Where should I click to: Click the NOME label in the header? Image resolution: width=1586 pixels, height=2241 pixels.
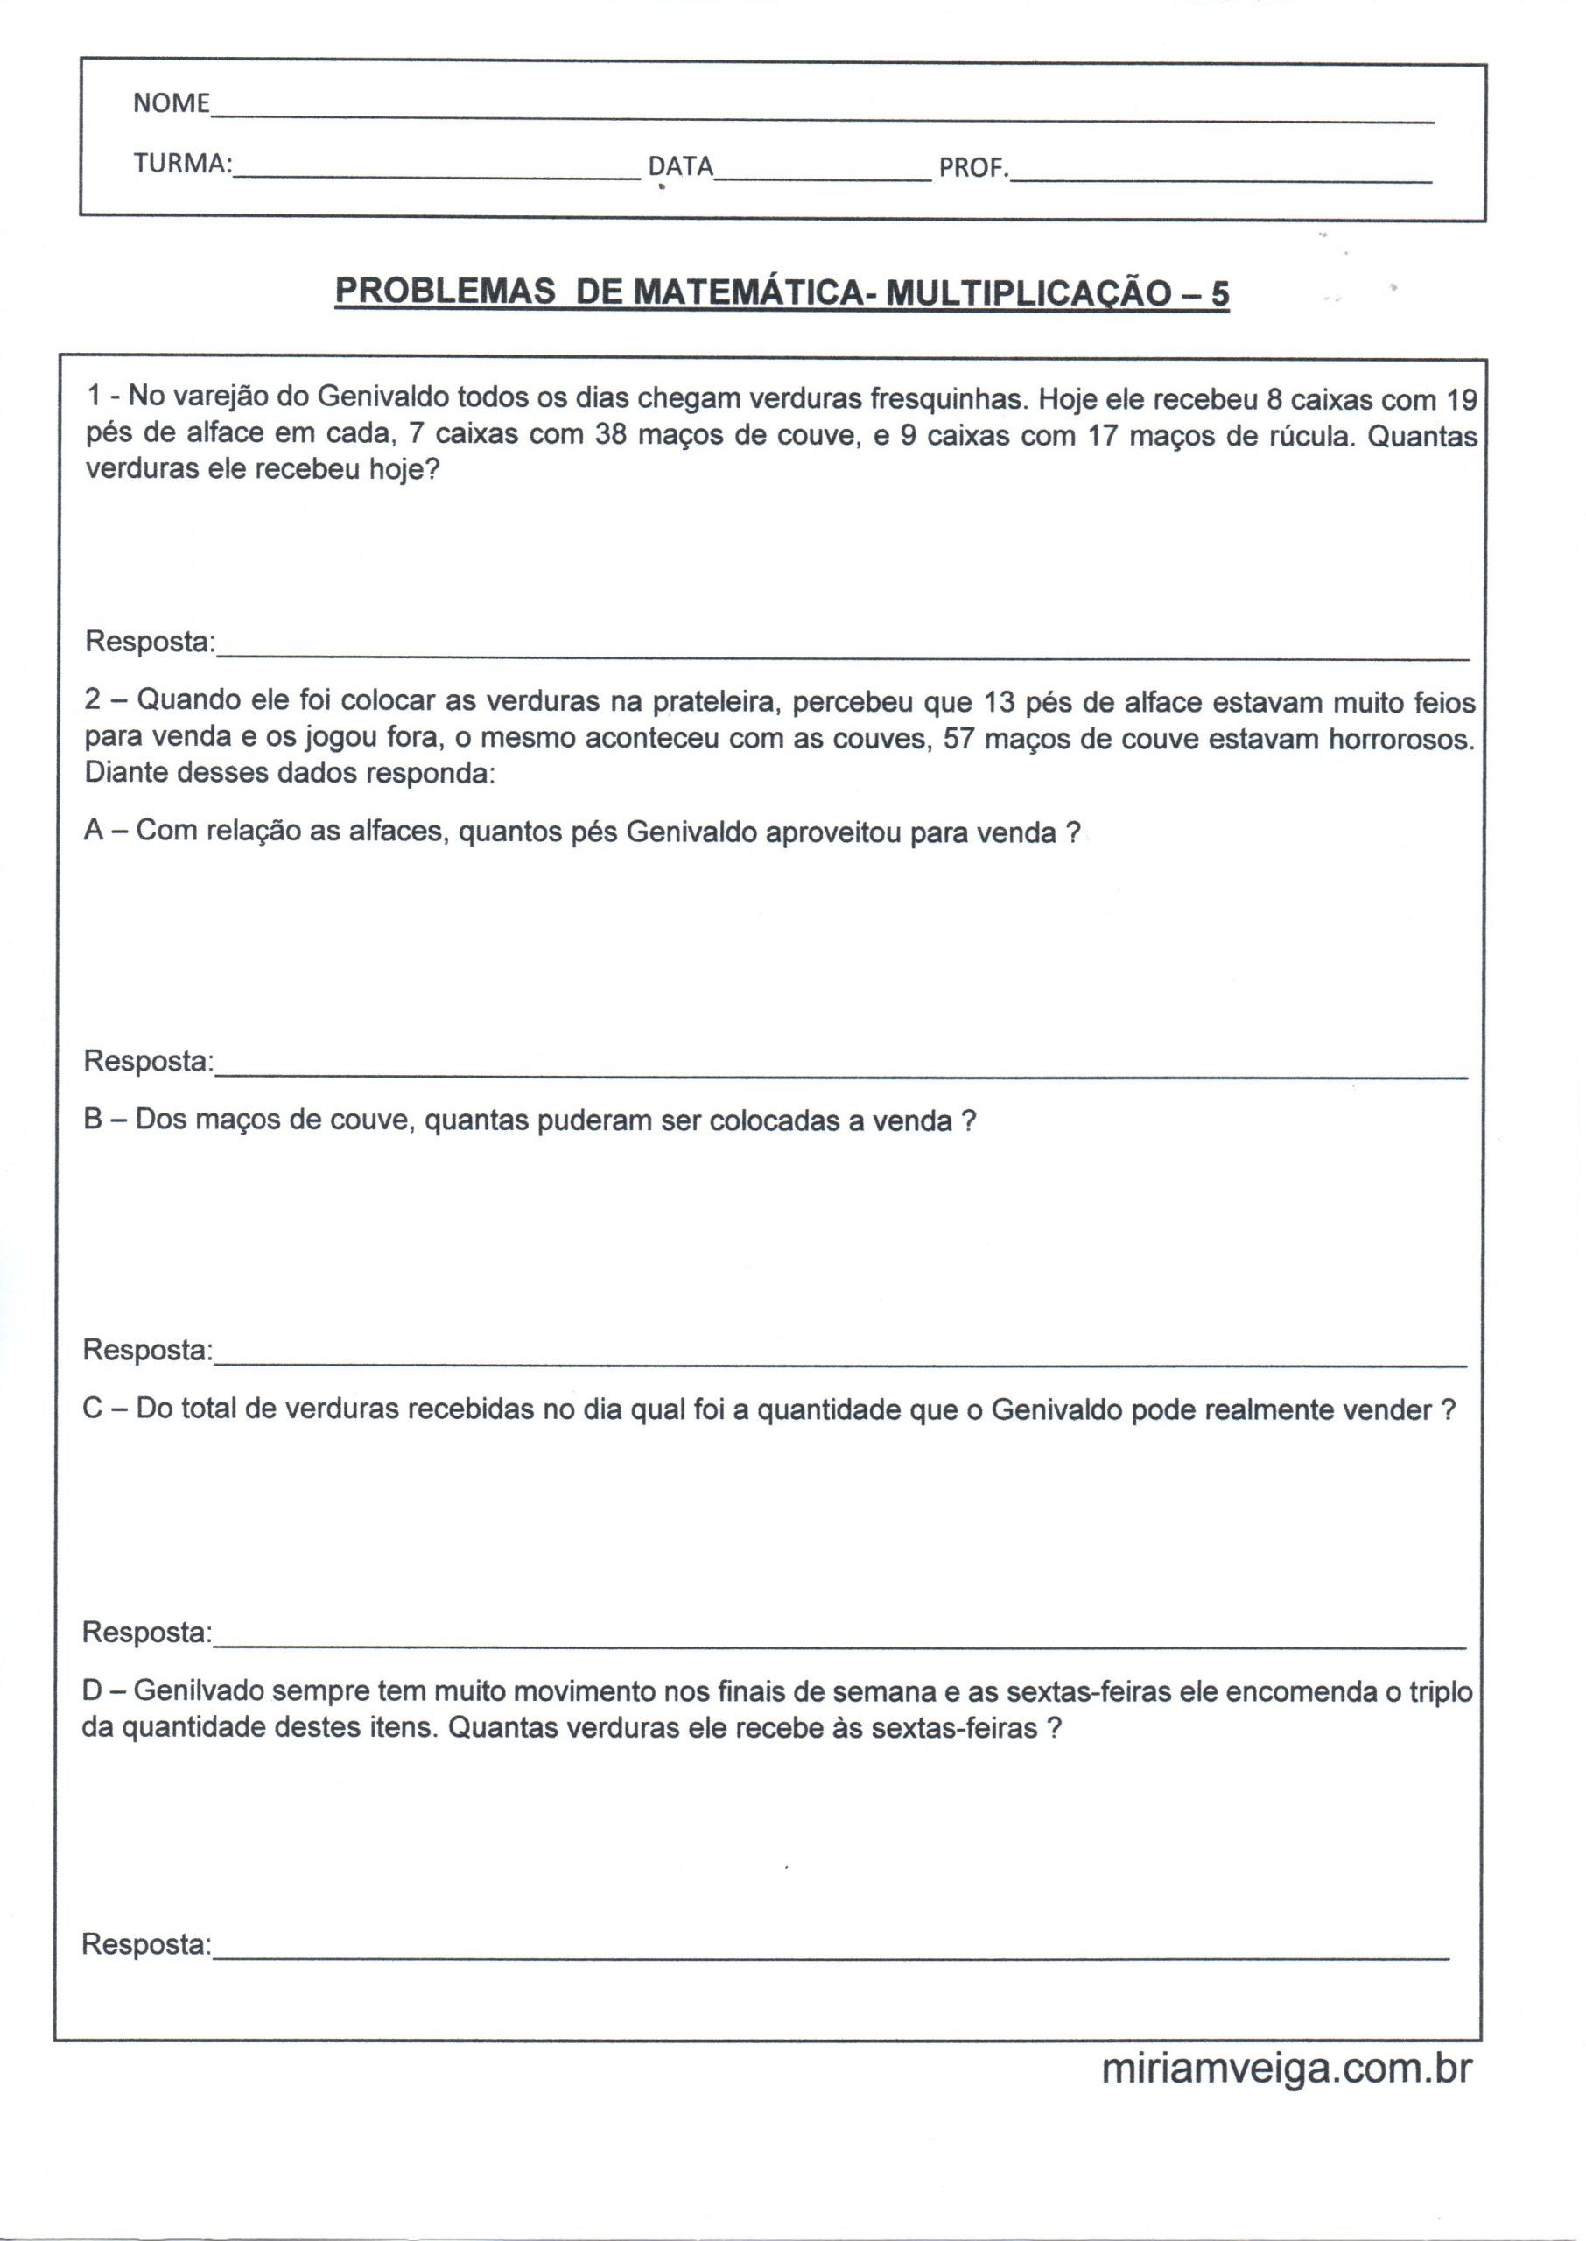point(171,103)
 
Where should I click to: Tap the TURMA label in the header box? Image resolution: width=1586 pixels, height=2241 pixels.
point(183,164)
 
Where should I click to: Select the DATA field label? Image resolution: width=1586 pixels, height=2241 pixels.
point(681,167)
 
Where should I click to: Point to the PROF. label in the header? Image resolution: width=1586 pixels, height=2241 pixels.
point(972,169)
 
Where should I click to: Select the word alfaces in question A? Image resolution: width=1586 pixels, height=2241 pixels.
point(399,832)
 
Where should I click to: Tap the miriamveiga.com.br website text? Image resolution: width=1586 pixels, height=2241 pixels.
point(1286,2097)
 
